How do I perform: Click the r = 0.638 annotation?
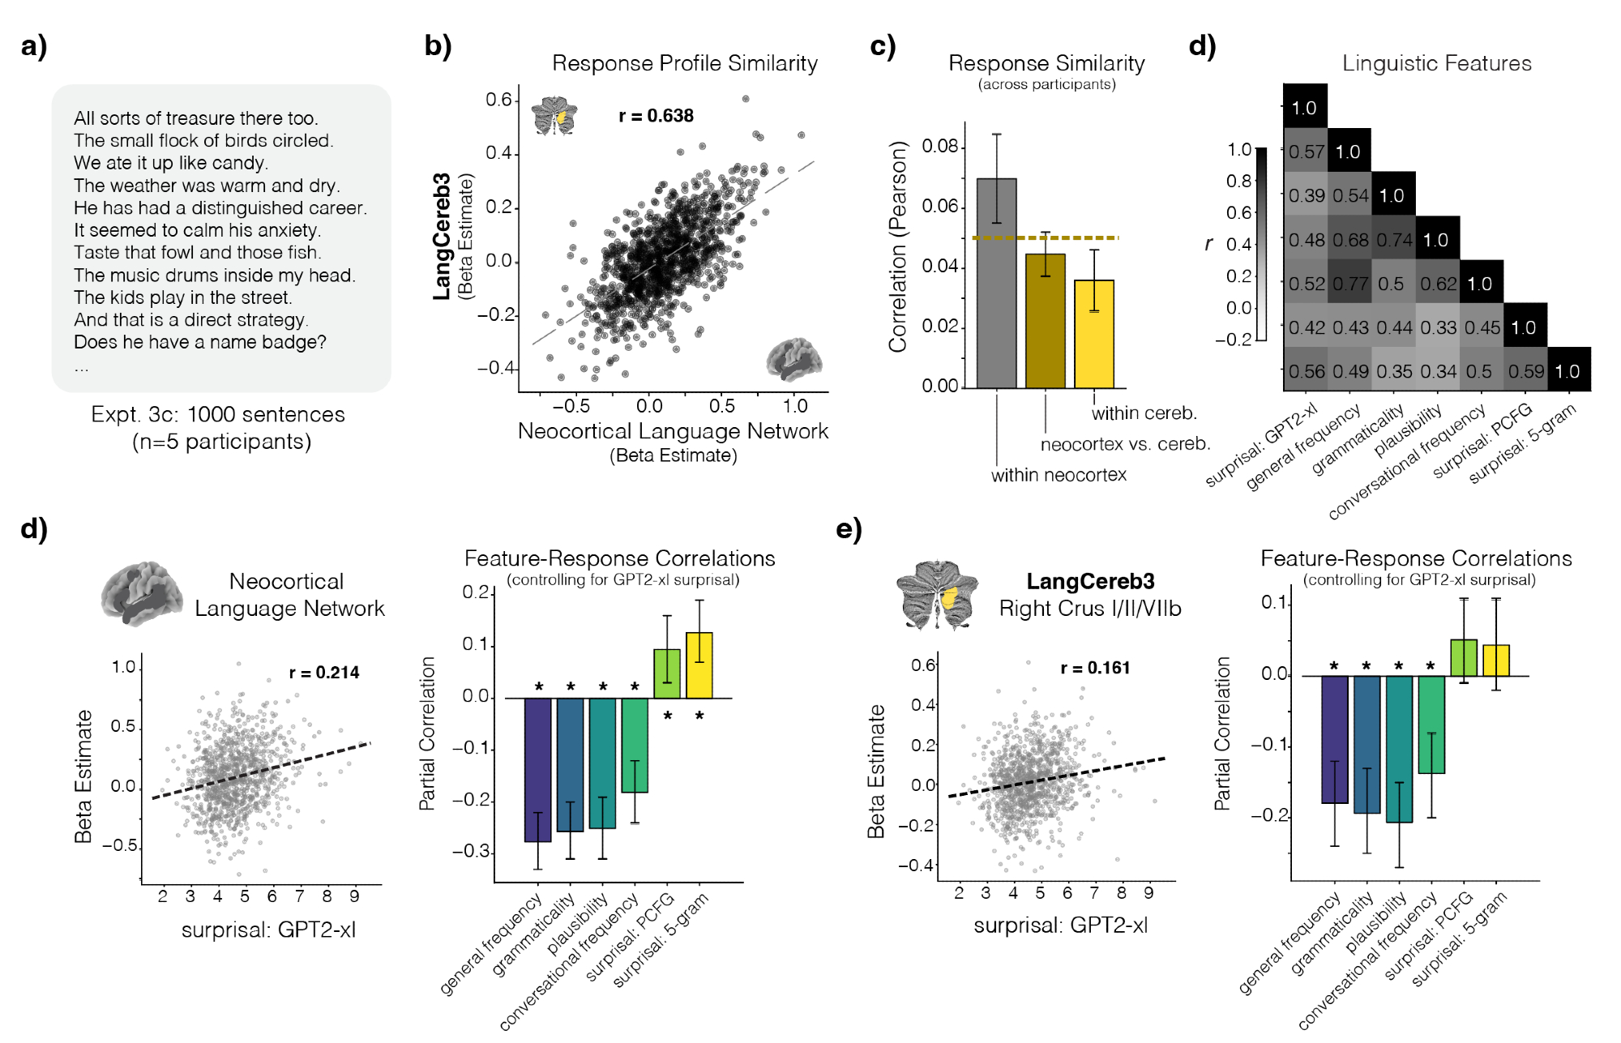pyautogui.click(x=656, y=116)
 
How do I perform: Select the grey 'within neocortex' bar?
pyautogui.click(x=996, y=283)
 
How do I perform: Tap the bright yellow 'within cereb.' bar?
pyautogui.click(x=1094, y=334)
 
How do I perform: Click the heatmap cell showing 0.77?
pyautogui.click(x=1349, y=284)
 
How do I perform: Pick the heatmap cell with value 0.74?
pyautogui.click(x=1393, y=240)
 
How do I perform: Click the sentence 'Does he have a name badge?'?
pyautogui.click(x=199, y=342)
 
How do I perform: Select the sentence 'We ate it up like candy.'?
pyautogui.click(x=170, y=163)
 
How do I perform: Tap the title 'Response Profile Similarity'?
pyautogui.click(x=684, y=63)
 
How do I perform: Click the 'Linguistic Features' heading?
pyautogui.click(x=1436, y=63)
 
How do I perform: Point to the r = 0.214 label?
pyautogui.click(x=324, y=673)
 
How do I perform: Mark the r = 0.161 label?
pyautogui.click(x=1095, y=668)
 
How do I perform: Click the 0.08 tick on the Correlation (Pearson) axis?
pyautogui.click(x=940, y=147)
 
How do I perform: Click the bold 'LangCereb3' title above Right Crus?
pyautogui.click(x=1090, y=581)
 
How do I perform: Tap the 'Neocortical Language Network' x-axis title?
pyautogui.click(x=673, y=431)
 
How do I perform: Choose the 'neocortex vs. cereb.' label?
pyautogui.click(x=1125, y=444)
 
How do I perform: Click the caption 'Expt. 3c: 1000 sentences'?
pyautogui.click(x=218, y=414)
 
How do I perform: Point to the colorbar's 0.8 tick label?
pyautogui.click(x=1239, y=181)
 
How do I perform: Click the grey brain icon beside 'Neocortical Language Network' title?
pyautogui.click(x=141, y=593)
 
